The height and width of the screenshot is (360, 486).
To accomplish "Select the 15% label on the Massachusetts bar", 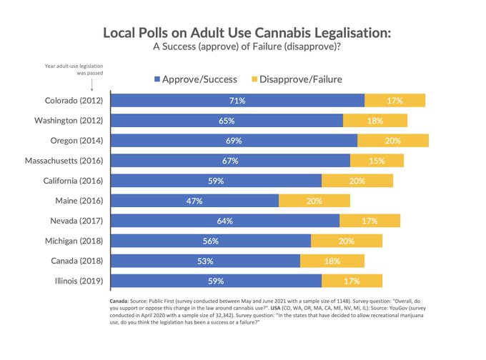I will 377,161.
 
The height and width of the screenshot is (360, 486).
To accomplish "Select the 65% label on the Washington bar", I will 227,121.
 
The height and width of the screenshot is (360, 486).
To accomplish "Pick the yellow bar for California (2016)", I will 357,181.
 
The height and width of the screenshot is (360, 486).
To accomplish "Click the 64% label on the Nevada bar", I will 225,221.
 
